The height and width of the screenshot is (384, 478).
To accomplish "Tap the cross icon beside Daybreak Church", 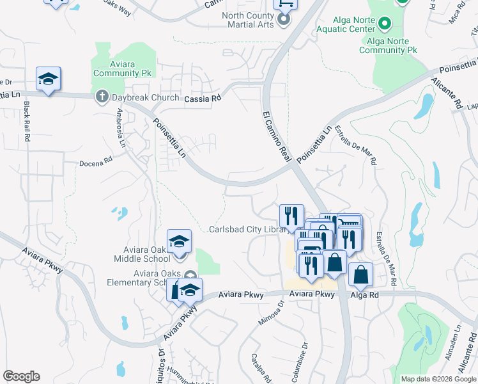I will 101,97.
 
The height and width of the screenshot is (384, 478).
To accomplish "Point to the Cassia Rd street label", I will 202,99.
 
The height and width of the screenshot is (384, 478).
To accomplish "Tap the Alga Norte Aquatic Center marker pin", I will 385,24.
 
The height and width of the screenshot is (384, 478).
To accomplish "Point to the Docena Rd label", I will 96,163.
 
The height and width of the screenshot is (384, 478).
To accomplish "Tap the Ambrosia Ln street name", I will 120,127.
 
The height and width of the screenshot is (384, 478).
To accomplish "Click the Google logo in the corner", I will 21,376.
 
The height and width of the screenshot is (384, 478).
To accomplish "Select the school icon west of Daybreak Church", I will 48,79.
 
